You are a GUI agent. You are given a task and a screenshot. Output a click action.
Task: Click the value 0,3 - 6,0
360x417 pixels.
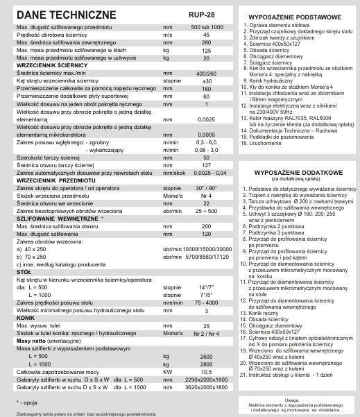tap(206, 142)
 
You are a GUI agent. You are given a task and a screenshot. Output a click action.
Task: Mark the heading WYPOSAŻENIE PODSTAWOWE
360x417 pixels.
tap(298, 15)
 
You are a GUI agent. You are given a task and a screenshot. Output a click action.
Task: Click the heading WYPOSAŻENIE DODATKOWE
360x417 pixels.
tap(298, 171)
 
